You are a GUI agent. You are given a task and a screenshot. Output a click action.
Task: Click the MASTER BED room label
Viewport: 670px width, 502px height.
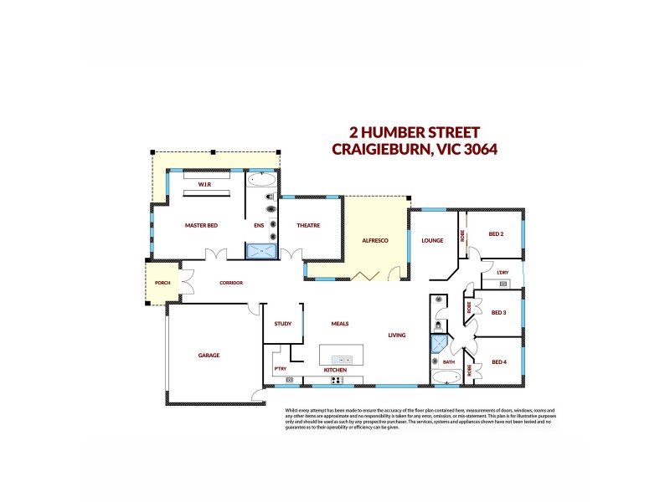pos(201,226)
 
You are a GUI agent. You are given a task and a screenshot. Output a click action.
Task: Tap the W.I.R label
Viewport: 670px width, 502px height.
pos(204,183)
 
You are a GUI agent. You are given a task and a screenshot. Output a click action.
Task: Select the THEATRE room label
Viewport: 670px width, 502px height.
pos(308,226)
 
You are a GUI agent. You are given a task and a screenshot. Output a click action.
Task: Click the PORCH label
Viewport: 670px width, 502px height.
pos(163,283)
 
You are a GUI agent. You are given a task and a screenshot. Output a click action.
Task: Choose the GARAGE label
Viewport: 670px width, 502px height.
pos(209,356)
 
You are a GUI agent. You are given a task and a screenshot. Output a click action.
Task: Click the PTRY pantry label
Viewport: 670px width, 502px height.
pos(280,369)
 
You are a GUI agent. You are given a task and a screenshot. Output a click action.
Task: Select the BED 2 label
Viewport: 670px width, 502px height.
pos(496,234)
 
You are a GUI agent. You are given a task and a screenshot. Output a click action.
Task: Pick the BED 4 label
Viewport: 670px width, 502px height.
pos(499,361)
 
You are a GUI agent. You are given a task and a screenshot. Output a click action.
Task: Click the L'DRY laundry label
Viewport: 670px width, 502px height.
pos(502,273)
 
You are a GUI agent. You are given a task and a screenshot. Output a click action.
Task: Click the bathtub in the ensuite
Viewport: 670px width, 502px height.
pos(261,180)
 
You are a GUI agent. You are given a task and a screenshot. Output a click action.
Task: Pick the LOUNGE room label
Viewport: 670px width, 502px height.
pos(432,240)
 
